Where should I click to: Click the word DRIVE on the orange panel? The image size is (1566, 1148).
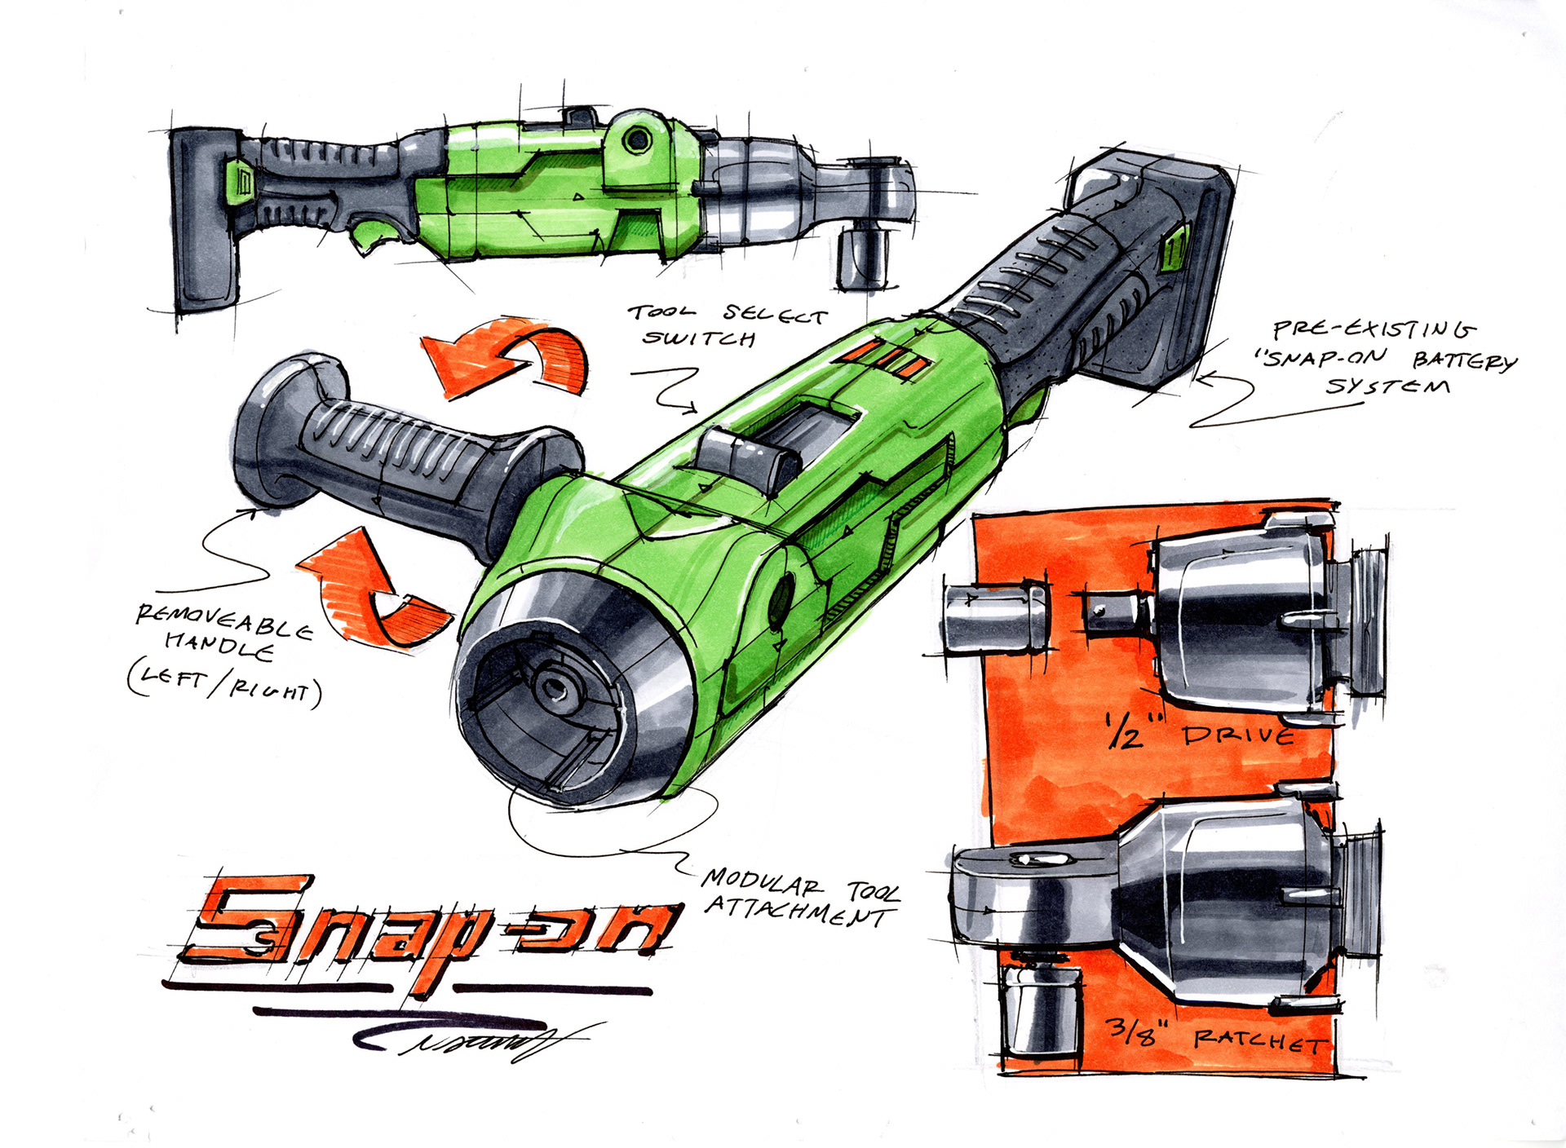click(1239, 736)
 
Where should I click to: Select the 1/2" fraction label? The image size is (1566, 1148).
click(1126, 731)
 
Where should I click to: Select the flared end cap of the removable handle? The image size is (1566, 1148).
click(277, 424)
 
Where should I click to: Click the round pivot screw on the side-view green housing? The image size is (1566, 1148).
click(638, 141)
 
